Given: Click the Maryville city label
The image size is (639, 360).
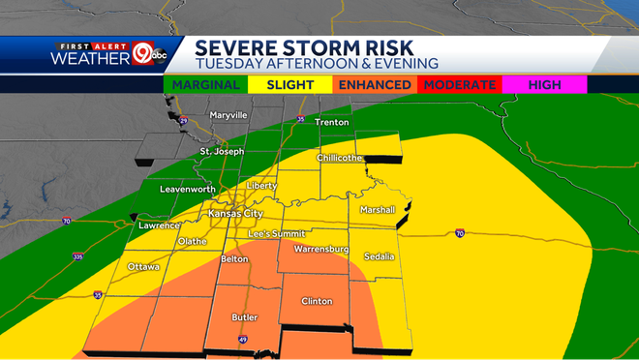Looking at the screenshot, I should point(228,115).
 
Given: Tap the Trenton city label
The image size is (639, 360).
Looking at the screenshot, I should point(329,123).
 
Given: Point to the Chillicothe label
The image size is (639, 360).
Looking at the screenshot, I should point(339,158).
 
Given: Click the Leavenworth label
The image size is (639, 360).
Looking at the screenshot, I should point(187,189).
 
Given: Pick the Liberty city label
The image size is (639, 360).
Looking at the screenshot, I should point(262,185).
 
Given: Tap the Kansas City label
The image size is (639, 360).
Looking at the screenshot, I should point(235,213).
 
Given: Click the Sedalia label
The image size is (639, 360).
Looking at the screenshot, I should point(379,256).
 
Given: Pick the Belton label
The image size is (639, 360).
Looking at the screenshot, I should point(235,259).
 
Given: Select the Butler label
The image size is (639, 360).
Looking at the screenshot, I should point(243,316).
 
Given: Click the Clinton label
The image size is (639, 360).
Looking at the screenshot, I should point(318,302).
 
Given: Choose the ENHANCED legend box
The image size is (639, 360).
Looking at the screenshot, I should point(374,85).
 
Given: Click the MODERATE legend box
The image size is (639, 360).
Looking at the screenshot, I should point(460,85).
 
